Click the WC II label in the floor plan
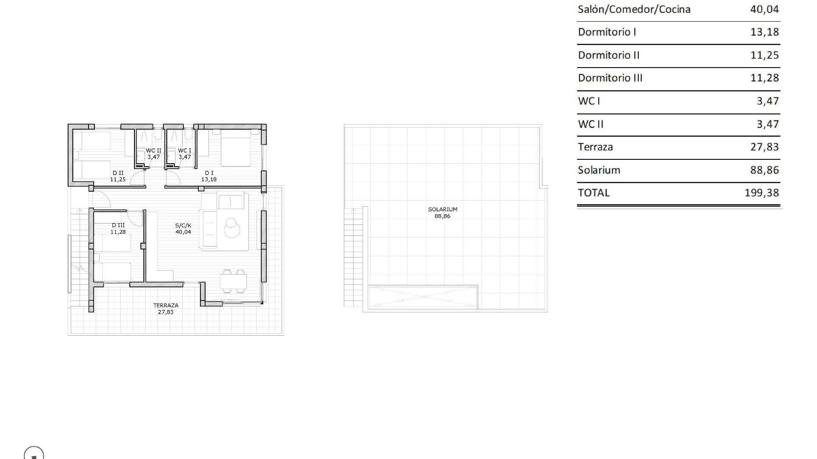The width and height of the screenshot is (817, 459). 154,154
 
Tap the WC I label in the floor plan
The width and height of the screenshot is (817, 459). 185,154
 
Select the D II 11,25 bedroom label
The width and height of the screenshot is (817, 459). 118,176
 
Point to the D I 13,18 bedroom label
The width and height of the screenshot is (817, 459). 209,176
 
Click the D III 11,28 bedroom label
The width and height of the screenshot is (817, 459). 118,229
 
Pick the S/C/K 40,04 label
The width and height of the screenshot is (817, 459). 183,229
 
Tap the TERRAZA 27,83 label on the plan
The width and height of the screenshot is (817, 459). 166,309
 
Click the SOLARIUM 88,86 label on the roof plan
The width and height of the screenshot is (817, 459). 443,212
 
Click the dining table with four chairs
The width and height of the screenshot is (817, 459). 234,281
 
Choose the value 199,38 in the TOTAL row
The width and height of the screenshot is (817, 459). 762,193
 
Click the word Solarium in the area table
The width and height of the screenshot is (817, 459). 599,170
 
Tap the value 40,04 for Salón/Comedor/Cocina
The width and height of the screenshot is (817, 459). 765,9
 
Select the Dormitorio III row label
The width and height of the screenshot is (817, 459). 610,78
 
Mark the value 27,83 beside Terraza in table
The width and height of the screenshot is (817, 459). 765,147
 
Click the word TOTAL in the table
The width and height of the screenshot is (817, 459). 594,193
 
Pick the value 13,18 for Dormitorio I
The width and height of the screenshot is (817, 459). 765,32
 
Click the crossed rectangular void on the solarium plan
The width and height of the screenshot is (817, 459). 423,296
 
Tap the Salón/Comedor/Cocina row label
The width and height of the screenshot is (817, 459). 634,9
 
